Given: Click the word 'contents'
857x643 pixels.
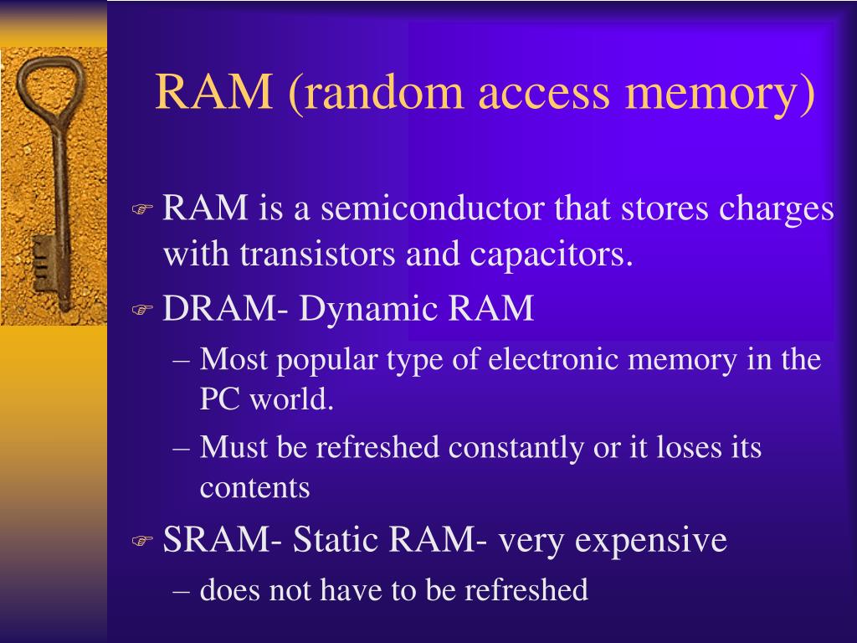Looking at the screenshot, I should [254, 487].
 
